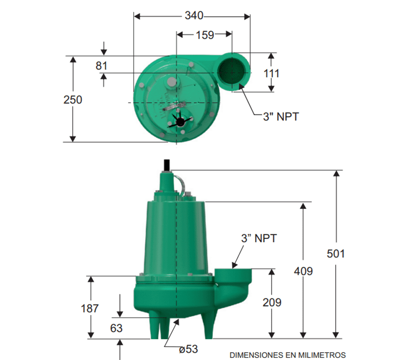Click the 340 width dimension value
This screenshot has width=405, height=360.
pyautogui.click(x=194, y=16)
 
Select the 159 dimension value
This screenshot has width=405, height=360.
pyautogui.click(x=205, y=35)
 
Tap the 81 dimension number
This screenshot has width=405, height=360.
pyautogui.click(x=102, y=66)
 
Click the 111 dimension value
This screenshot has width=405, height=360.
pyautogui.click(x=271, y=73)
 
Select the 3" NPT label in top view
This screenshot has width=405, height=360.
pyautogui.click(x=281, y=117)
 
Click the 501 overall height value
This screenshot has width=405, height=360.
pyautogui.click(x=336, y=254)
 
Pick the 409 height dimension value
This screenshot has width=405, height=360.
pyautogui.click(x=303, y=271)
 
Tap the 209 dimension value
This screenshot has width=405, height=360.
pyautogui.click(x=272, y=302)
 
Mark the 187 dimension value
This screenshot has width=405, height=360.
pyautogui.click(x=90, y=309)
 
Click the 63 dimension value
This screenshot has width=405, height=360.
pyautogui.click(x=116, y=328)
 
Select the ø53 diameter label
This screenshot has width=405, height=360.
pyautogui.click(x=188, y=349)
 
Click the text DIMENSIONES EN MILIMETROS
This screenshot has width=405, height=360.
pyautogui.click(x=288, y=355)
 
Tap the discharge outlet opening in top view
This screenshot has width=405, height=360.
pyautogui.click(x=233, y=69)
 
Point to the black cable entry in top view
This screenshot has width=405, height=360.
pyautogui.click(x=180, y=121)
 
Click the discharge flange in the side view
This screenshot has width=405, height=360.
pyautogui.click(x=233, y=272)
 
